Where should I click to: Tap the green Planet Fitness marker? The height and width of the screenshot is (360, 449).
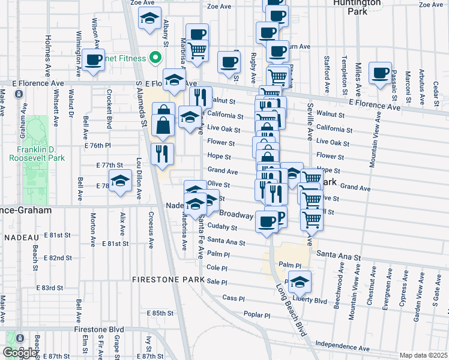(x=155, y=58)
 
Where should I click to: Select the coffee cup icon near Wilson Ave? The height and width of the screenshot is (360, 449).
(x=93, y=60)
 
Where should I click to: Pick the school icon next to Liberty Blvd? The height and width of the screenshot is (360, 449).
(x=300, y=281)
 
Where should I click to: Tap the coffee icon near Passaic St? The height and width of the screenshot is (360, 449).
(x=380, y=73)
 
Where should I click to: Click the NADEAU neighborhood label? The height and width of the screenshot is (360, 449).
(x=22, y=238)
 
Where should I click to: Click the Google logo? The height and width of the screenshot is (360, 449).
(x=19, y=353)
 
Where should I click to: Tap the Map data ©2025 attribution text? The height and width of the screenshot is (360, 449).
(x=424, y=355)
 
